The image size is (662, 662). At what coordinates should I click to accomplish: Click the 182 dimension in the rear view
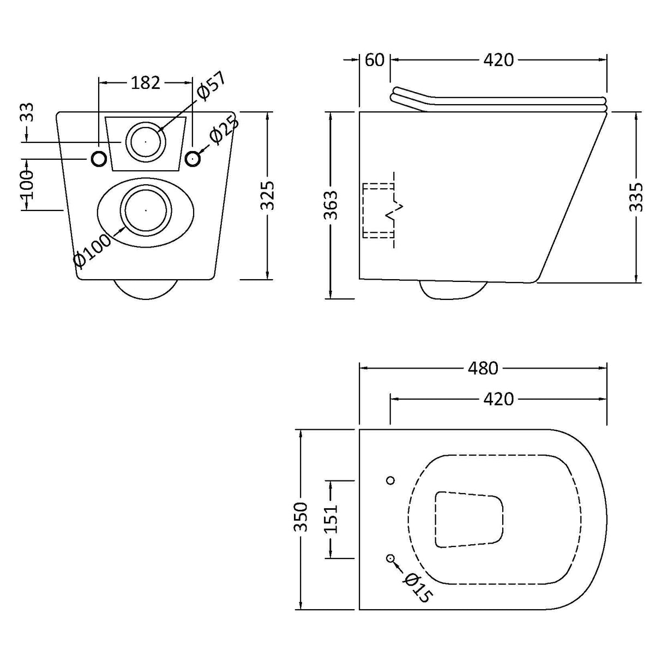[146, 83]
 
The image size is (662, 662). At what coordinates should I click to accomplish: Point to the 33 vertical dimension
[28, 113]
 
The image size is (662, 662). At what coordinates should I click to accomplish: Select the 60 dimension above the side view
[375, 59]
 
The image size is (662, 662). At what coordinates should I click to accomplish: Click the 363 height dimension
[331, 205]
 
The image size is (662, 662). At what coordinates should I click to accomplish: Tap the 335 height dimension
[636, 197]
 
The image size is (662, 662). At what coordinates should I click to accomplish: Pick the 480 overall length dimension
[483, 368]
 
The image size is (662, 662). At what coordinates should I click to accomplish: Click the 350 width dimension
[300, 517]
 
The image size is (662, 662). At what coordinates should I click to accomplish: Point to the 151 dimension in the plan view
[331, 519]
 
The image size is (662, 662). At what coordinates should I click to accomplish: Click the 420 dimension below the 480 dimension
[498, 399]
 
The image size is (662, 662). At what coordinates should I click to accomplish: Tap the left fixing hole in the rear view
[99, 159]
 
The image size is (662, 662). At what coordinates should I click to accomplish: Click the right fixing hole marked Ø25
[192, 159]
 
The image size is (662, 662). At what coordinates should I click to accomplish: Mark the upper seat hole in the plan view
[390, 480]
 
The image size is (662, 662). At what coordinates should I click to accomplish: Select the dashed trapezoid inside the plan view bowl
[469, 519]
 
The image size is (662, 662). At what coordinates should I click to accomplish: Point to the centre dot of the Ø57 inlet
[146, 141]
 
